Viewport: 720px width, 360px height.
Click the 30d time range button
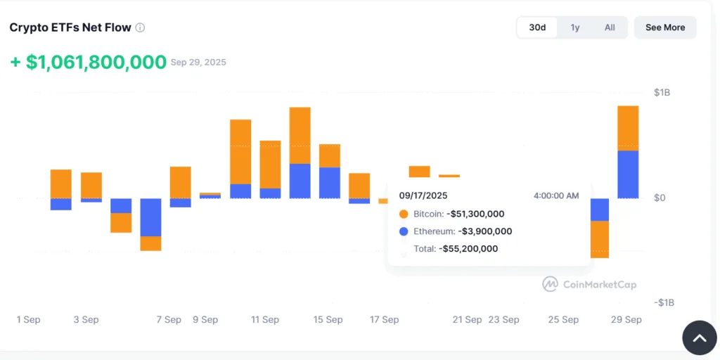click(x=537, y=27)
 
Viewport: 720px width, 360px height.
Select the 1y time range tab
click(x=575, y=27)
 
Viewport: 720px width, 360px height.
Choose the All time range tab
click(x=610, y=27)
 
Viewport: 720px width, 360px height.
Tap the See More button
click(x=664, y=27)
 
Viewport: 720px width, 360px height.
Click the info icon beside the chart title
click(x=140, y=28)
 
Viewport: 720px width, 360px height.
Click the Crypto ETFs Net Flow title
click(x=70, y=28)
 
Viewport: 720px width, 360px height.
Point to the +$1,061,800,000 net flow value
click(x=89, y=62)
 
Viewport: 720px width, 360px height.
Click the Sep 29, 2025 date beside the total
click(x=198, y=63)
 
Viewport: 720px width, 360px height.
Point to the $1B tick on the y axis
click(x=662, y=93)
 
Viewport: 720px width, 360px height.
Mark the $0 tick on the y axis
click(x=660, y=198)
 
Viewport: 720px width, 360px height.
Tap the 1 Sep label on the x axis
click(x=29, y=319)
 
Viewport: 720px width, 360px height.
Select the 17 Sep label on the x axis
click(x=384, y=319)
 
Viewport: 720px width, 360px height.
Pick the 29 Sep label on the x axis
click(x=625, y=319)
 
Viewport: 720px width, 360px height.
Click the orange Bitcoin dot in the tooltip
click(x=404, y=214)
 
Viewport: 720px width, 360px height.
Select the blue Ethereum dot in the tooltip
click(x=404, y=231)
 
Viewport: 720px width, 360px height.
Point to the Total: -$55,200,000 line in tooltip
click(x=456, y=248)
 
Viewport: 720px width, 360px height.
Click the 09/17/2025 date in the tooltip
click(x=423, y=195)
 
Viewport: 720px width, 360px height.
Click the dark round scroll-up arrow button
click(x=700, y=338)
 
